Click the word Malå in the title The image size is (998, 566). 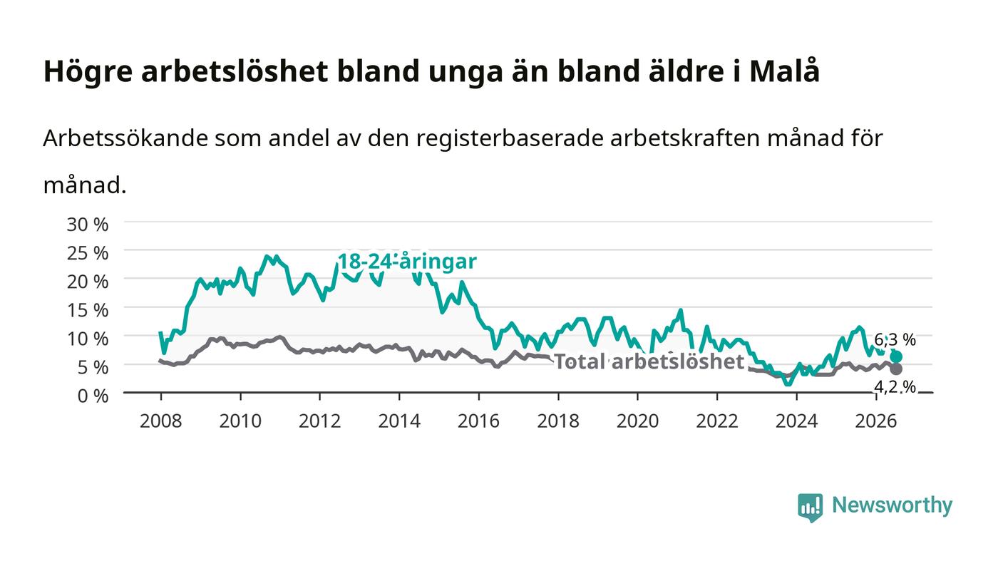[785, 71]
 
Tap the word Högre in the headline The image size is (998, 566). [88, 72]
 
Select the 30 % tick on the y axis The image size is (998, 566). [88, 224]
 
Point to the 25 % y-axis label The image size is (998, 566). [88, 252]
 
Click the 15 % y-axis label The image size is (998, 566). [88, 310]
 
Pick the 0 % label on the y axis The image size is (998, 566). [93, 396]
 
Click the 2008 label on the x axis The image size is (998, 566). [161, 421]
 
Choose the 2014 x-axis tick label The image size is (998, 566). [399, 421]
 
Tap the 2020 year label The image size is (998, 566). [637, 421]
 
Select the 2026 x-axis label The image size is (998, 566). [876, 421]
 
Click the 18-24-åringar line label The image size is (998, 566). [407, 261]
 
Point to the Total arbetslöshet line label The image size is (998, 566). [649, 361]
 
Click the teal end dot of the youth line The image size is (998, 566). [896, 356]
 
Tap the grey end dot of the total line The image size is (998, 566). [896, 369]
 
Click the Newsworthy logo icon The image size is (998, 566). [810, 507]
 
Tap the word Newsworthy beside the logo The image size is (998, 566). [892, 505]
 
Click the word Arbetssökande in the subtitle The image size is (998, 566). [125, 138]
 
